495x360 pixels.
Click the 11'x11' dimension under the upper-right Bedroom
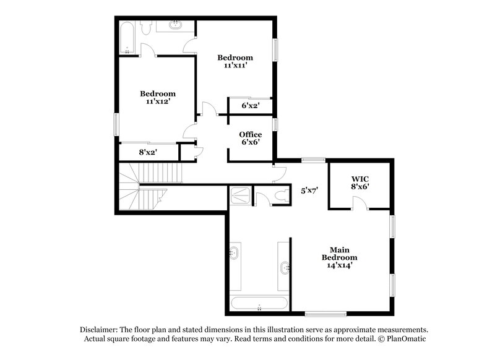click(x=235, y=66)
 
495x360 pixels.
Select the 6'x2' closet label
click(x=250, y=106)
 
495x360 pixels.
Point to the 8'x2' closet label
click(x=147, y=152)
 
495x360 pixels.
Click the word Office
click(x=251, y=134)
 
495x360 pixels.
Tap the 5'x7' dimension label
click(x=309, y=191)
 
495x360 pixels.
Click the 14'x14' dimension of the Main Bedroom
click(x=339, y=265)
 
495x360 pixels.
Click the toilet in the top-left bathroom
click(x=147, y=28)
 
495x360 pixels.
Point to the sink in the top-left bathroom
click(x=175, y=26)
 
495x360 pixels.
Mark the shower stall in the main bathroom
click(x=240, y=195)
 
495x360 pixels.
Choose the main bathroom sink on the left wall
click(x=235, y=252)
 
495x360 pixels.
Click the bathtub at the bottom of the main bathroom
click(x=259, y=304)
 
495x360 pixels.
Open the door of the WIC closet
click(x=359, y=203)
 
